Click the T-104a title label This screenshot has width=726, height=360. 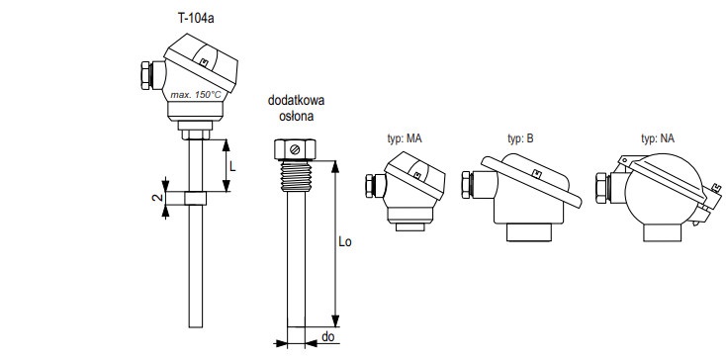click(x=196, y=19)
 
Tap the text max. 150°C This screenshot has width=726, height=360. click(x=196, y=95)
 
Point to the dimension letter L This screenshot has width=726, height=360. click(x=232, y=166)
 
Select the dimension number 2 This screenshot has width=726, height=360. click(x=157, y=198)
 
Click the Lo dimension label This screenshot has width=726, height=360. click(x=345, y=241)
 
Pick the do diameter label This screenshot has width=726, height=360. click(x=327, y=337)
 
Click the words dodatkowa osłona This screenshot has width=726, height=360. click(x=297, y=108)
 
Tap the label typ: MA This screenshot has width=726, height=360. click(x=405, y=138)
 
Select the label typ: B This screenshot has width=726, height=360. click(x=520, y=138)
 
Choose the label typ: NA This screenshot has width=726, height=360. click(x=658, y=138)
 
